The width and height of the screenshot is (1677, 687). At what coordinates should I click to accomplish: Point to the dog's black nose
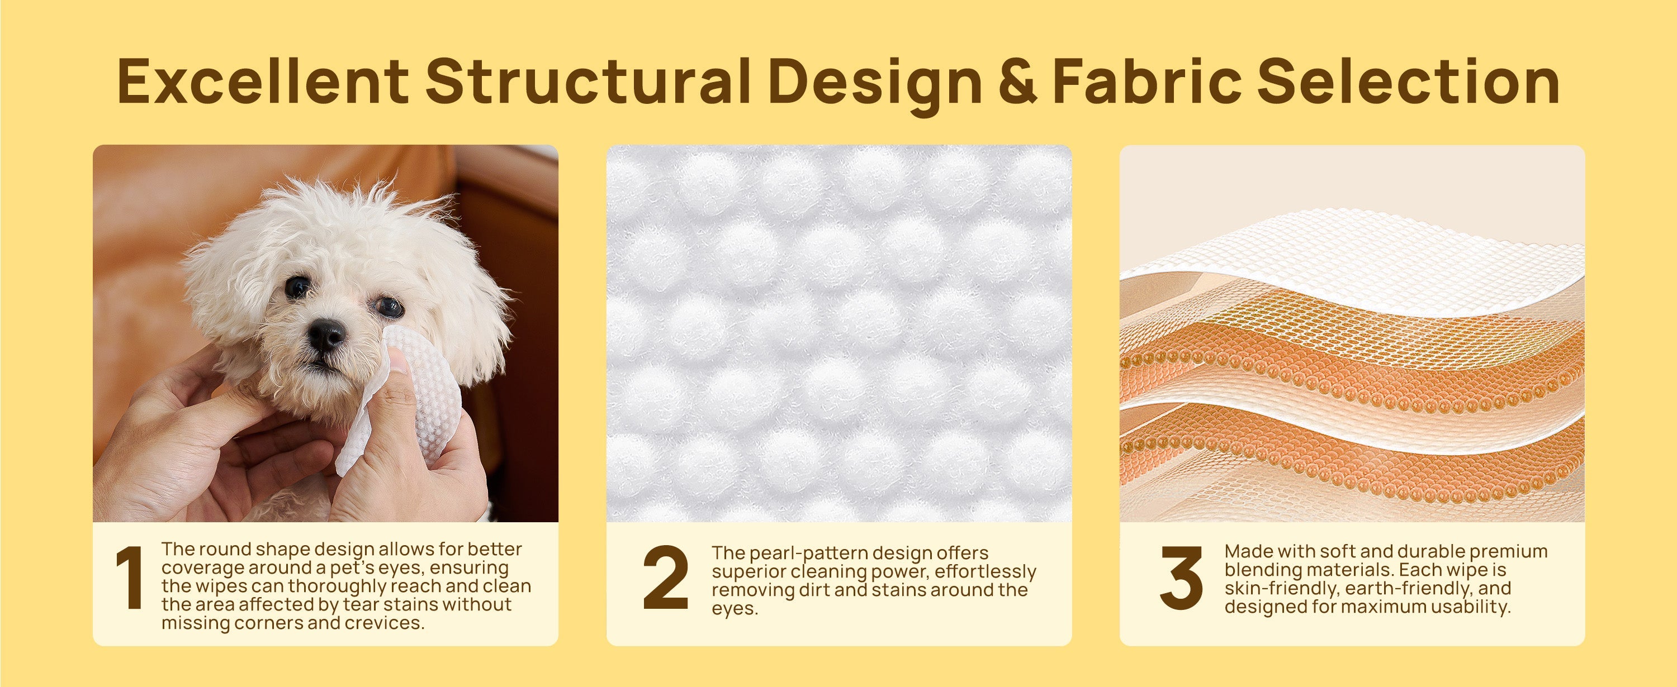click(x=326, y=335)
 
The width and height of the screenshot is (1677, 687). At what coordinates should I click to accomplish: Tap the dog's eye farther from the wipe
click(x=297, y=287)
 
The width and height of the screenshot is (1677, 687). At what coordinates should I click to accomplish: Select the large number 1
click(x=130, y=578)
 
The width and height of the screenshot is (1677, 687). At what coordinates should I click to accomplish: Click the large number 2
click(x=665, y=578)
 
